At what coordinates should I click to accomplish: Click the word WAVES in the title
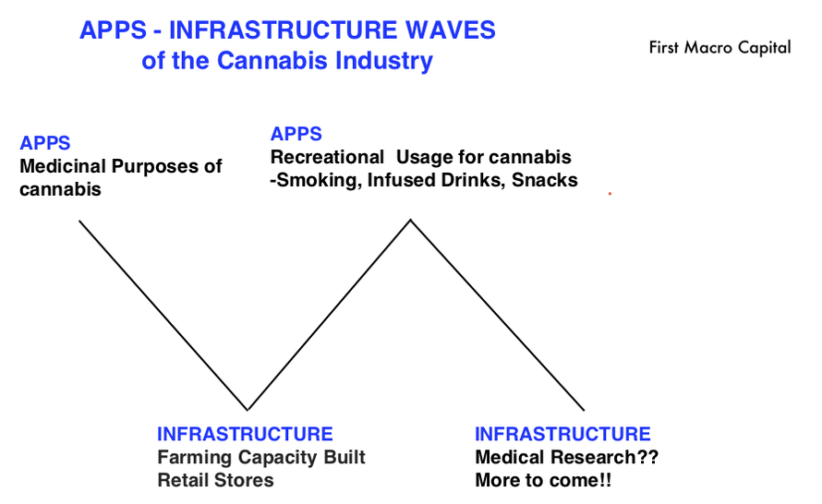451,30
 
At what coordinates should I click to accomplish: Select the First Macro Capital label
719,48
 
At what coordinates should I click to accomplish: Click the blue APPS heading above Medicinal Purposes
45,143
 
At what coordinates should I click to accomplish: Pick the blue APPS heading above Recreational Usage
296,134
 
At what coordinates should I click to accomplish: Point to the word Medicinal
63,166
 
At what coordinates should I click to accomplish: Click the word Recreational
327,157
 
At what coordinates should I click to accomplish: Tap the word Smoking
319,180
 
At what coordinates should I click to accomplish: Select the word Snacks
545,180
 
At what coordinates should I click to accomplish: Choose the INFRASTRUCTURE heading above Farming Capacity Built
245,434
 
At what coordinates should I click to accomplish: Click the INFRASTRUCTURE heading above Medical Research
562,434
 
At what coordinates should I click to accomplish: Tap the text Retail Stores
215,480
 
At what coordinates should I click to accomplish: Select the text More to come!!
543,480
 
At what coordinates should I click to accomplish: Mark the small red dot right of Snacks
610,194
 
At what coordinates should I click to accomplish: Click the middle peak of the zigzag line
410,220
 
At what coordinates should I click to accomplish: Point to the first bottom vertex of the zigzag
248,409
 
